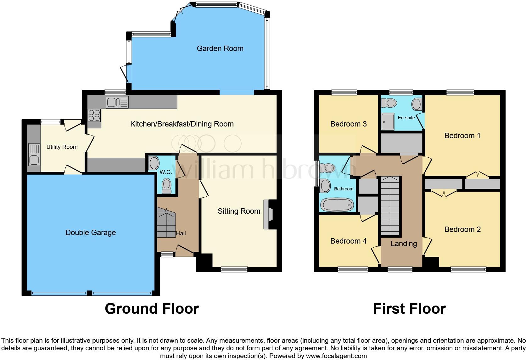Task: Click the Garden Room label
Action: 220,48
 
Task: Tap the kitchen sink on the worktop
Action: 117,102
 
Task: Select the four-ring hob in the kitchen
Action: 94,115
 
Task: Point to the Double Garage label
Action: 91,233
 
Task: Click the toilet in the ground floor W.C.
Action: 166,186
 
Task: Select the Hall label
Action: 181,233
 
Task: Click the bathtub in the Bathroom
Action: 337,205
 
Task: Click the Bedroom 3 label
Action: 348,124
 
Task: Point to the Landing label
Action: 404,244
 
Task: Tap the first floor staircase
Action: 390,206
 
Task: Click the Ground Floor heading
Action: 152,309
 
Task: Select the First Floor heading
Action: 409,309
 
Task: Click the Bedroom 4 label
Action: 348,241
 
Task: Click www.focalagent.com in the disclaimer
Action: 336,356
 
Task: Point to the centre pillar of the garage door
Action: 89,293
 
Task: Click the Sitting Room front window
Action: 234,269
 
